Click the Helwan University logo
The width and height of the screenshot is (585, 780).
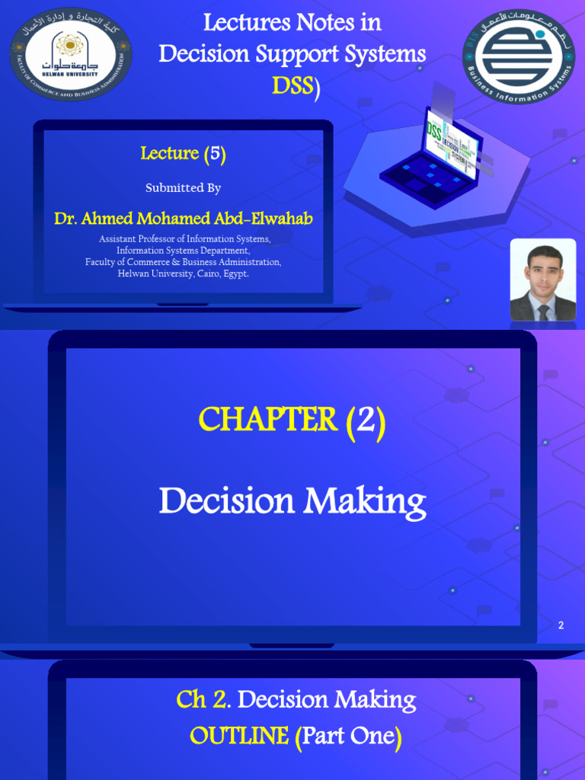70,53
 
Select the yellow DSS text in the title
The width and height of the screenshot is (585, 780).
292,86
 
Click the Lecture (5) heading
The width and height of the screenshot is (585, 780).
184,154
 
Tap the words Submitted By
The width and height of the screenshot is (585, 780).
183,187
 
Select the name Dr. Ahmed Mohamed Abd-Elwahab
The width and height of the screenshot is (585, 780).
183,219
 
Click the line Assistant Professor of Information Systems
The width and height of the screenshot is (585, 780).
184,239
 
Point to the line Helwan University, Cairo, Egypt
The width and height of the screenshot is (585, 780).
184,273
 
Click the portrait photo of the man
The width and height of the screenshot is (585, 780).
542,280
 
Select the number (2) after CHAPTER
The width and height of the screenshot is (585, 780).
366,420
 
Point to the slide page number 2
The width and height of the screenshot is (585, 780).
561,625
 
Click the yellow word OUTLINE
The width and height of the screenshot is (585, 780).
239,736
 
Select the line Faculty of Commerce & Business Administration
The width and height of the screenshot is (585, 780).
183,262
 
